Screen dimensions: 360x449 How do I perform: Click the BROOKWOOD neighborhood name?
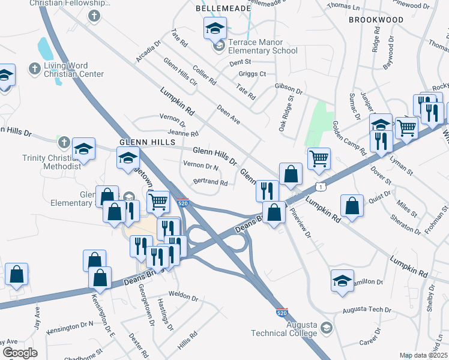(376, 20)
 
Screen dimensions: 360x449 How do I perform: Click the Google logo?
(20, 353)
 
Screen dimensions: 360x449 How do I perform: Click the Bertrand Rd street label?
(210, 182)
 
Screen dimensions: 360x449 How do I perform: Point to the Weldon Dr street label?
(183, 296)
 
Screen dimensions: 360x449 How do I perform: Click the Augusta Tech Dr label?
(367, 310)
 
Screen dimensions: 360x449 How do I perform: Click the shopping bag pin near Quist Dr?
(352, 205)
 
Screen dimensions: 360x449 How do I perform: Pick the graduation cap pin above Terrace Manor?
(215, 28)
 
